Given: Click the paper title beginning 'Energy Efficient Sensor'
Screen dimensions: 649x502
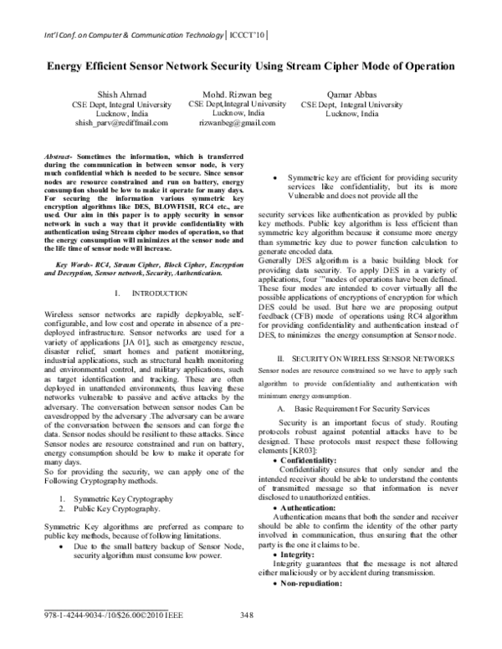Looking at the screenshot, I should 250,65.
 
